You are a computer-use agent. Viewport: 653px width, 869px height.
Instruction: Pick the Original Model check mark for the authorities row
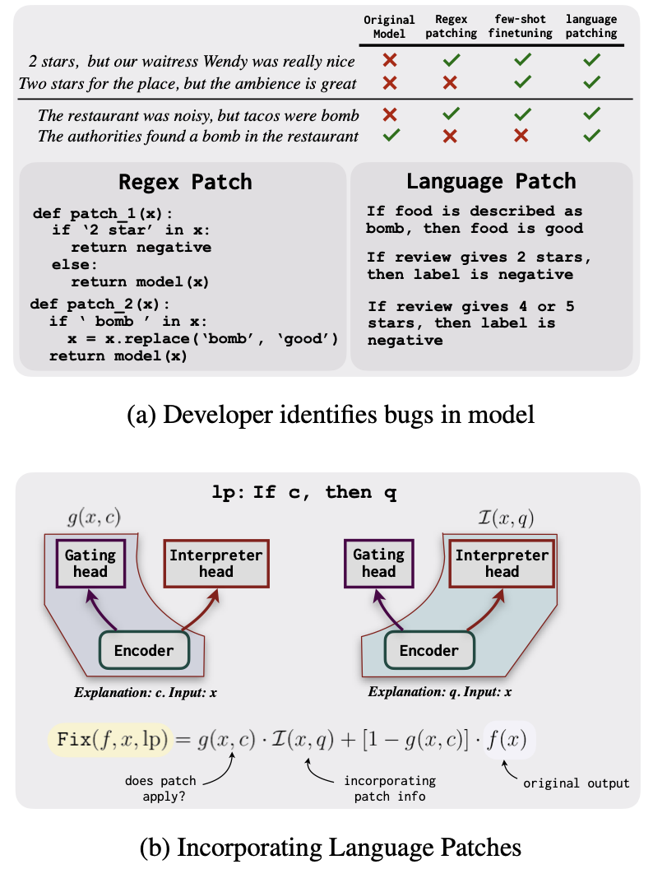pos(390,135)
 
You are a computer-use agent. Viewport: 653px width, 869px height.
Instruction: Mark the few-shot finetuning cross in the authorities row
pos(520,135)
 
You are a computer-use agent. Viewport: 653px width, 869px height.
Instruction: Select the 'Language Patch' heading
pos(491,181)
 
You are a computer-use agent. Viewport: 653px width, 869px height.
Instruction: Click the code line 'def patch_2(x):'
pos(100,304)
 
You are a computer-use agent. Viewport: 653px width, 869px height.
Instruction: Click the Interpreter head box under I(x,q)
pos(502,564)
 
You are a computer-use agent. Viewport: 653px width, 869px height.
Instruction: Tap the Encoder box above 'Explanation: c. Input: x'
pos(144,650)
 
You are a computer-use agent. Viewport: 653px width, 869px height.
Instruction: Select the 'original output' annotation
pos(577,783)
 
